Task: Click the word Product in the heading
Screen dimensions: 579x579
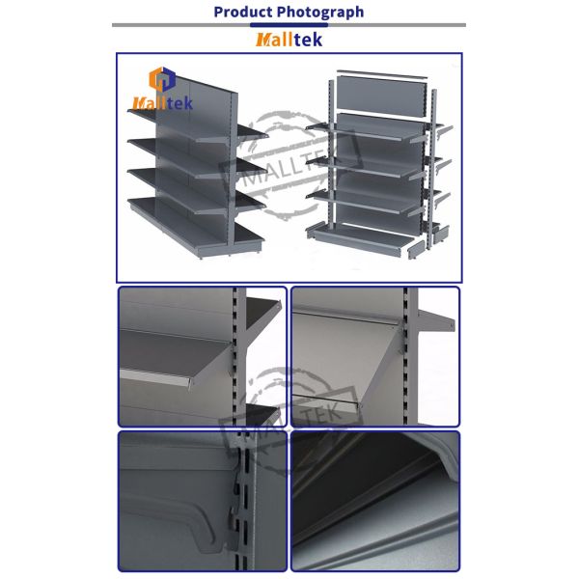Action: [x=243, y=12]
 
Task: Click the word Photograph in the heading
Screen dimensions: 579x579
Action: [x=320, y=13]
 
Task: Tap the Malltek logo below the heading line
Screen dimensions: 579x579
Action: [x=289, y=40]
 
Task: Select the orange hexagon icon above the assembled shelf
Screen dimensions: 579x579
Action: [x=162, y=79]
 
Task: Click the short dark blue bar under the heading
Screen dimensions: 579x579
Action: [x=289, y=25]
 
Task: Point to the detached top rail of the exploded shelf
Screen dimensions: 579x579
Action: [x=382, y=74]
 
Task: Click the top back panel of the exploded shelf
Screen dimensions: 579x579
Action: [x=381, y=97]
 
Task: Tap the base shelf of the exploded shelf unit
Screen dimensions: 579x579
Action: [x=361, y=240]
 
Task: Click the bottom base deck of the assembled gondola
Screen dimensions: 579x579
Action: [x=196, y=227]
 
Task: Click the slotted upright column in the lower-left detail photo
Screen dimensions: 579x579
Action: [x=244, y=502]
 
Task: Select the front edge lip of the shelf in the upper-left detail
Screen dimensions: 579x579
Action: [x=155, y=377]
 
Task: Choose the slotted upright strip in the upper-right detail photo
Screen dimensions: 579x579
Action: [x=405, y=356]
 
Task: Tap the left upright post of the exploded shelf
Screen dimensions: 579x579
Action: [x=332, y=154]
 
